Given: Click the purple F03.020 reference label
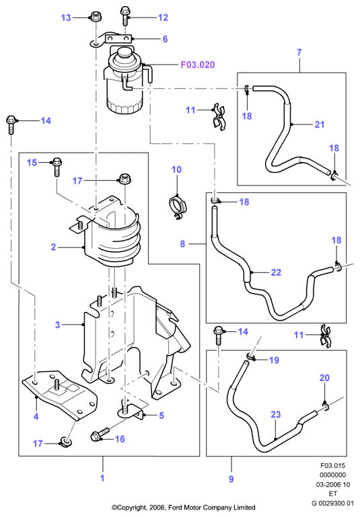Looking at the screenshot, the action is point(198,65).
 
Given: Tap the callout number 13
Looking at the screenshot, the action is point(66,17).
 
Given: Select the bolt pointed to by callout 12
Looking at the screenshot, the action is point(125,15).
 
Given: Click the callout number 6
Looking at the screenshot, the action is point(165,39).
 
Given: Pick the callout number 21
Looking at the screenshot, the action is point(320,124).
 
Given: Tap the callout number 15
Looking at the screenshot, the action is point(32,163).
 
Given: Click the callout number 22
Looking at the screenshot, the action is point(276,272).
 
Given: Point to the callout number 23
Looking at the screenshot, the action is point(275,414).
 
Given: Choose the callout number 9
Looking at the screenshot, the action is point(231,479).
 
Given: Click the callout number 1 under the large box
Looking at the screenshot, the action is point(102,478).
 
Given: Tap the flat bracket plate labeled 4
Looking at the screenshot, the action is point(60,396).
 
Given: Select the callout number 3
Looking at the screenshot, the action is point(58,325).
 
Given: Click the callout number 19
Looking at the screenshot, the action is point(275,360).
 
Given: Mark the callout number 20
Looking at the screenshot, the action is point(324,378).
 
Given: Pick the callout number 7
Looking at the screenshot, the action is point(299,52).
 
